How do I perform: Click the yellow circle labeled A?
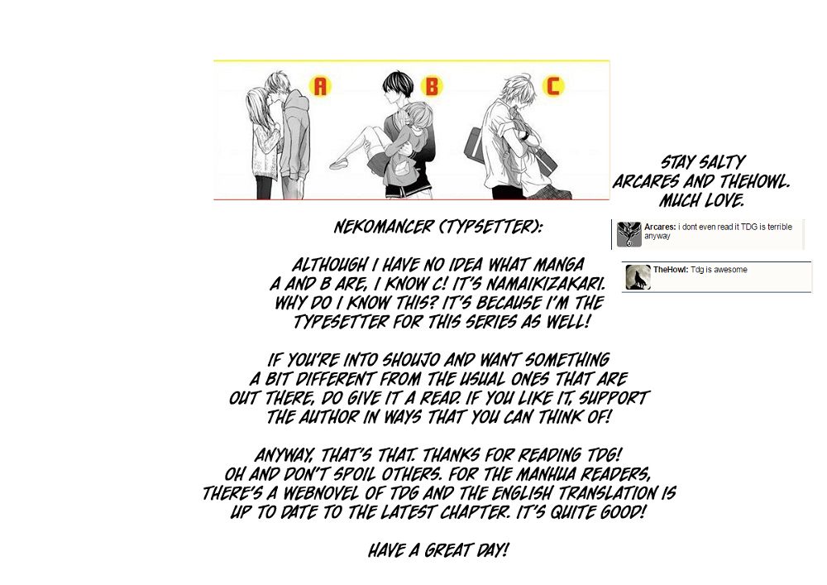point(320,85)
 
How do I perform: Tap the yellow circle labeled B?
point(432,86)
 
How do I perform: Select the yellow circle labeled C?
point(553,85)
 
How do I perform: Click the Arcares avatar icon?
point(629,234)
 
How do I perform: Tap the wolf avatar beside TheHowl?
point(638,277)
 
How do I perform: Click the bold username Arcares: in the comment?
point(660,227)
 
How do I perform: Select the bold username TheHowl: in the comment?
point(671,270)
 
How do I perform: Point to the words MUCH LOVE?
point(701,200)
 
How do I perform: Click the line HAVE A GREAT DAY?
point(437,551)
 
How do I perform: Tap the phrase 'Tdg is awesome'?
point(719,270)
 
